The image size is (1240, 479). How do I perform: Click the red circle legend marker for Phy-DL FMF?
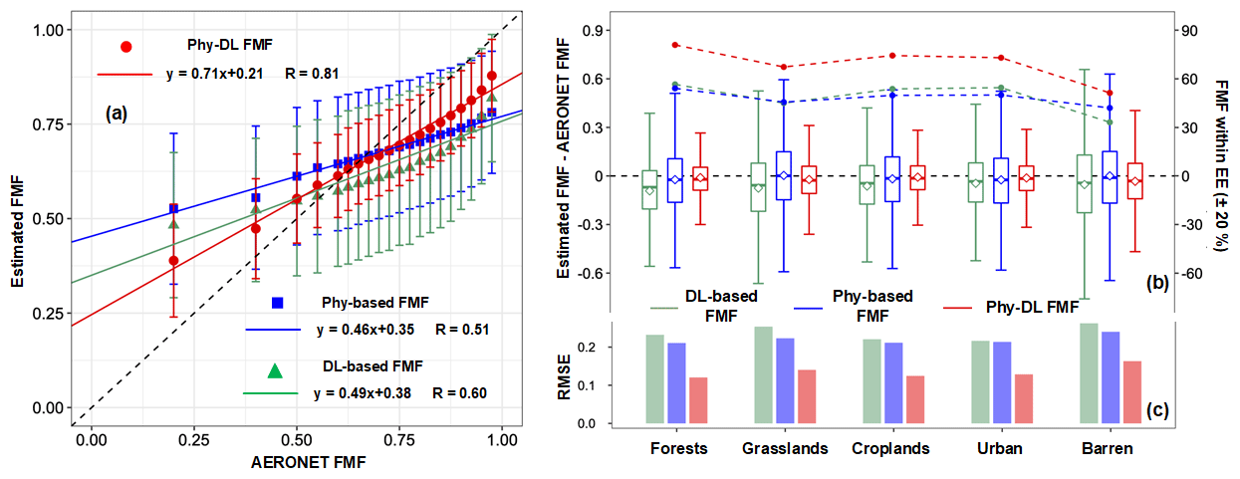tap(125, 46)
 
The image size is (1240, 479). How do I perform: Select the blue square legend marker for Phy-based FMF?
tap(278, 302)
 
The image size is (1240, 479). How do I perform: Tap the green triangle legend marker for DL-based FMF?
tap(275, 370)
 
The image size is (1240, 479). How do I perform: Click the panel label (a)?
tap(117, 114)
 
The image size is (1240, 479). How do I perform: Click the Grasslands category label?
tap(785, 448)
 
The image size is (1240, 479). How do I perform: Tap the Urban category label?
tap(1001, 448)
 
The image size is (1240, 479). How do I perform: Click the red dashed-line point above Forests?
tap(675, 45)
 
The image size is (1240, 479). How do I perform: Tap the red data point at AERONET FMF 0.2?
tap(173, 261)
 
